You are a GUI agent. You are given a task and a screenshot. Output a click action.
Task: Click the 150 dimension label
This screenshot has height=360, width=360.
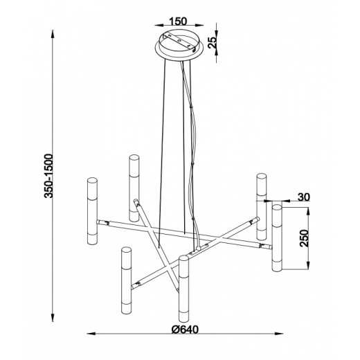(178, 21)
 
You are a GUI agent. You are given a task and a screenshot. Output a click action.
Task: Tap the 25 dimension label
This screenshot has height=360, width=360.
(213, 42)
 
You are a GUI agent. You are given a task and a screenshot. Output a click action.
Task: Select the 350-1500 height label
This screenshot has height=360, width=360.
(49, 176)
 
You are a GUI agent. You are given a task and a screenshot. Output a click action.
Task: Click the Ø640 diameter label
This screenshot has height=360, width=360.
(185, 330)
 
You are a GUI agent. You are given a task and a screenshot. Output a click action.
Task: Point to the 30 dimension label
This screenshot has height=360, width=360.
(304, 197)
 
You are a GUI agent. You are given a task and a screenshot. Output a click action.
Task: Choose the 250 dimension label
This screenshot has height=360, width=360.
(304, 238)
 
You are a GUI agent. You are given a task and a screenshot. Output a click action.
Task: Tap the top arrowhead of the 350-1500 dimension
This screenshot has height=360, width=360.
(53, 35)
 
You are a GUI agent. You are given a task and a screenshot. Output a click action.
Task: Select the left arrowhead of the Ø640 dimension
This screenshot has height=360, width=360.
(91, 334)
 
